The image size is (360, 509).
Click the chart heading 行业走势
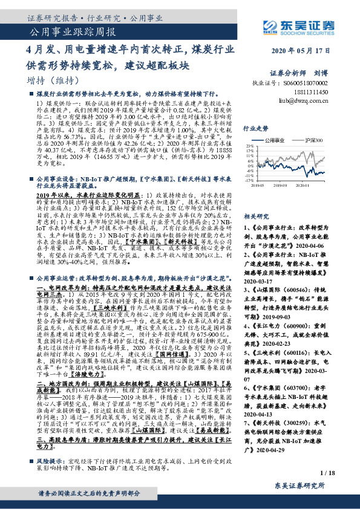click(x=256, y=129)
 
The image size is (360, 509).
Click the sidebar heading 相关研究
click(x=256, y=215)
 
